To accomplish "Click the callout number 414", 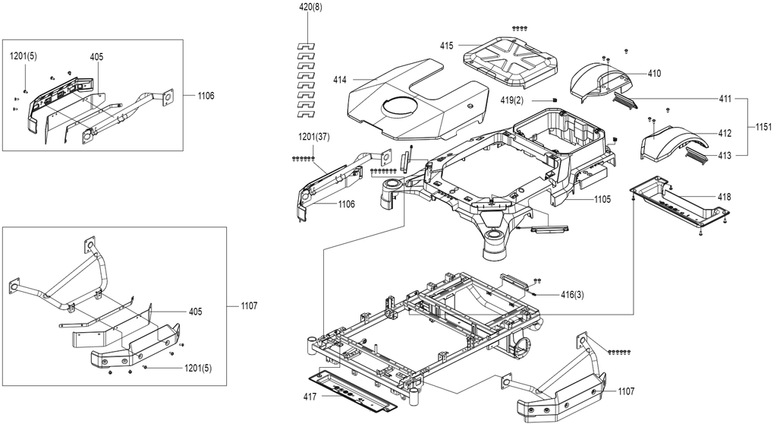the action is (340, 80).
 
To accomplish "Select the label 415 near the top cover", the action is (446, 46).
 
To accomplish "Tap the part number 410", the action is (654, 74).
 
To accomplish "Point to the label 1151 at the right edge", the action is (763, 127).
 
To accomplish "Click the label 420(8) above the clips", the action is (310, 8).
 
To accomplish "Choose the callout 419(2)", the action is (512, 100).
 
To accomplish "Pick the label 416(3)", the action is (572, 295).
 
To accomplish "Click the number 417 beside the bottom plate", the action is (310, 396).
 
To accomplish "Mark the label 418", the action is (724, 197).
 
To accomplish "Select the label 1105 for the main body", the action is (602, 200).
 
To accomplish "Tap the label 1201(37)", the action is (314, 137).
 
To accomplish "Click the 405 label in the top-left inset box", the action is (96, 56).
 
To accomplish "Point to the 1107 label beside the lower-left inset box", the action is (249, 305).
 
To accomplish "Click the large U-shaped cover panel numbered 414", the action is (417, 100).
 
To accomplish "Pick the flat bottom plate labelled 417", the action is (353, 389).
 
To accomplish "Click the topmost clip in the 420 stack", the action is (306, 46).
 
